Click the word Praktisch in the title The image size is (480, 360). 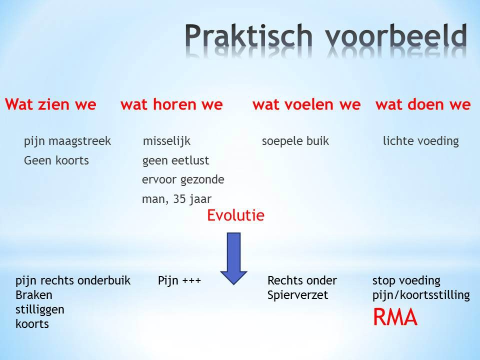[x=248, y=36]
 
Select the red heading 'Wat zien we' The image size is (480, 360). [x=50, y=104]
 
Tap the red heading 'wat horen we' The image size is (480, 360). [x=171, y=104]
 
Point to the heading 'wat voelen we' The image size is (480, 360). [x=306, y=104]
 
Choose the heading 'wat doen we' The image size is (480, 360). [x=423, y=104]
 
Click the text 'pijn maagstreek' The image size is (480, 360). [x=67, y=141]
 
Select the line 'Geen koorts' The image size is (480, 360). [x=56, y=160]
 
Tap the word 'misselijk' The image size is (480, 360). [x=167, y=141]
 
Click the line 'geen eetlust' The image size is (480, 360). [x=175, y=160]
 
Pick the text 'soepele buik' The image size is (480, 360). [x=295, y=141]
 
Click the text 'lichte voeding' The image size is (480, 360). [x=421, y=141]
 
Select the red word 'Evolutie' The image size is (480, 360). [x=235, y=215]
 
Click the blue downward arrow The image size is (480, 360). [x=234, y=258]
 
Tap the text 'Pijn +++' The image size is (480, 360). [x=179, y=280]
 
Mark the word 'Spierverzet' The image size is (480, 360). [x=297, y=295]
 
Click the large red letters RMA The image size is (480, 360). [x=395, y=317]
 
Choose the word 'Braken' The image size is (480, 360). [x=34, y=295]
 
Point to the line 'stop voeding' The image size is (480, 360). [x=406, y=280]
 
